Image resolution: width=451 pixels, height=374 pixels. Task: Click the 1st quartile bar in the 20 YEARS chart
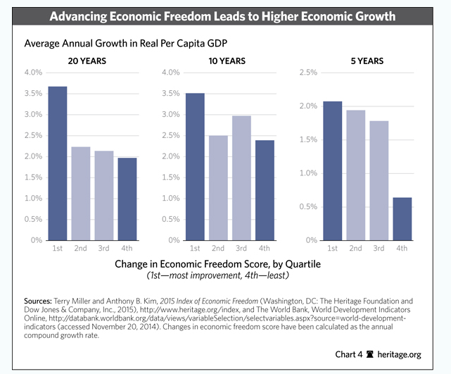(x=57, y=163)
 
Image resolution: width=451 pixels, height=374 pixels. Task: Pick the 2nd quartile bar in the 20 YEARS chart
(x=80, y=194)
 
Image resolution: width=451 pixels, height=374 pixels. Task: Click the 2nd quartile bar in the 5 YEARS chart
(x=355, y=175)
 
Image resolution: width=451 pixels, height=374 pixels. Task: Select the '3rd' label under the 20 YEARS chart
(x=103, y=249)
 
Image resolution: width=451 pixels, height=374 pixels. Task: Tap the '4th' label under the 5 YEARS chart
(x=402, y=249)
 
